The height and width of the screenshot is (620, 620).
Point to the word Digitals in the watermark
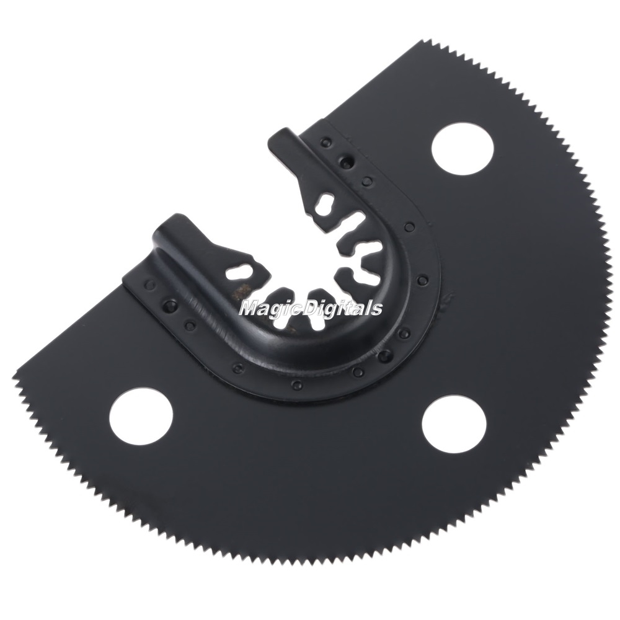coord(343,308)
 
